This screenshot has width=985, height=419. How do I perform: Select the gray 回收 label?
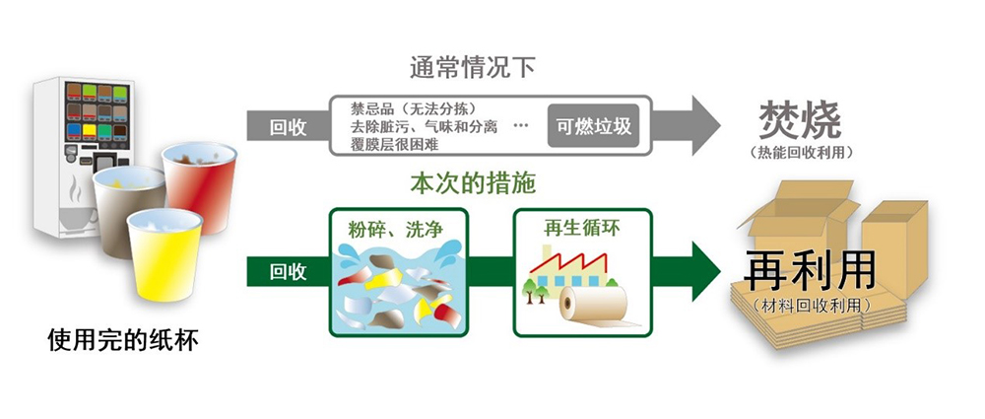(x=288, y=125)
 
